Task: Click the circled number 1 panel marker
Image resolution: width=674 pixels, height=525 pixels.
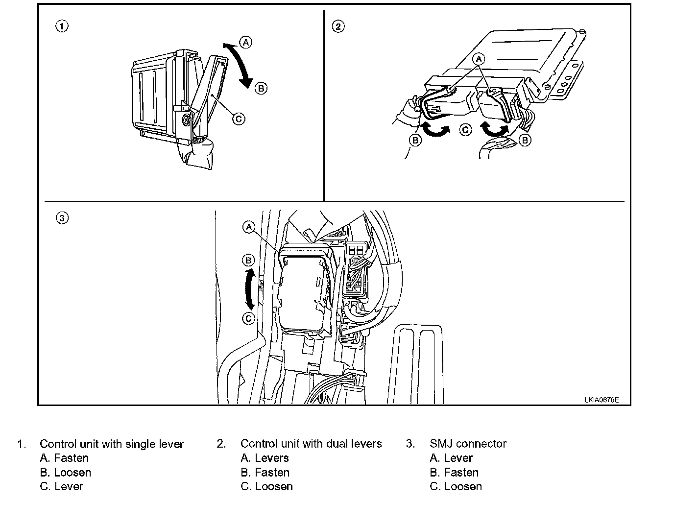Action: point(62,26)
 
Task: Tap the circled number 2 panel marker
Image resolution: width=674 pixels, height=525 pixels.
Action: point(338,26)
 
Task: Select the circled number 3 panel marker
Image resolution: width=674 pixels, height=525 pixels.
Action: point(62,218)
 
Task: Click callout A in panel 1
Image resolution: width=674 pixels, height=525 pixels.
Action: point(246,42)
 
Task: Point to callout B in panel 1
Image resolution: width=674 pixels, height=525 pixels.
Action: point(261,88)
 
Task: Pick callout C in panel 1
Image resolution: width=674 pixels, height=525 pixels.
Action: point(239,119)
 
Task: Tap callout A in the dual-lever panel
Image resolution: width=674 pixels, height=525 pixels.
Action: point(479,59)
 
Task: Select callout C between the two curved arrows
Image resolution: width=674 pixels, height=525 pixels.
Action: point(466,129)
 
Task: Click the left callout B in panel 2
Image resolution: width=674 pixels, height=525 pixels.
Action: point(415,141)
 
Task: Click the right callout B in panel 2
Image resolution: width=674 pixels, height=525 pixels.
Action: point(525,141)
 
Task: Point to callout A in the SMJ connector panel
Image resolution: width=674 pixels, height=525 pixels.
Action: point(249,227)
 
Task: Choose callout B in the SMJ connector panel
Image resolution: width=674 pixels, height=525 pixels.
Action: point(249,260)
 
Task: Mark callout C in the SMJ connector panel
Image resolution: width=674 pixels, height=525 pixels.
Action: point(249,318)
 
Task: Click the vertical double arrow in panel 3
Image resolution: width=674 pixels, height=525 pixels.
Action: point(250,288)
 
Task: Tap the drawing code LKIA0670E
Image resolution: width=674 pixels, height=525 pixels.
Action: point(601,400)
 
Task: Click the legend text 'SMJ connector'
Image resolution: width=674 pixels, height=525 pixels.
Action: point(468,444)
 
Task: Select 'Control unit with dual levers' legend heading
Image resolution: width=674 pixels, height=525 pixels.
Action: point(311,444)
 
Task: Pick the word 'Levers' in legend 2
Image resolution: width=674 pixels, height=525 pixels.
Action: point(272,458)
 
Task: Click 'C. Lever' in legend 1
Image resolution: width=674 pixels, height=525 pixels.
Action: point(62,486)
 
